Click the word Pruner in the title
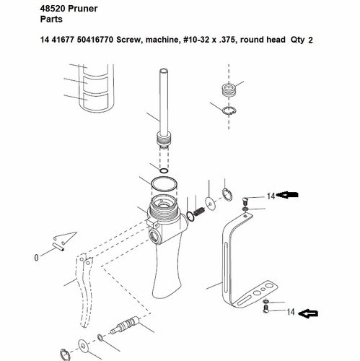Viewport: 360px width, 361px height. point(83,9)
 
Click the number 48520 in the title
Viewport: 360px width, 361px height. point(53,9)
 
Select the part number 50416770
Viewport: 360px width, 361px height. point(95,40)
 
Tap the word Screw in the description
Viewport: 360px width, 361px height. point(128,40)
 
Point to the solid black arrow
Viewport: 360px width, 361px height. point(287,194)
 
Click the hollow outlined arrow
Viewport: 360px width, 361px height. point(308,313)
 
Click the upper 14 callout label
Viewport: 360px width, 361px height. point(271,196)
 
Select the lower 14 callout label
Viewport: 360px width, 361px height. point(291,312)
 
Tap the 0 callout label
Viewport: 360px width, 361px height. point(36,258)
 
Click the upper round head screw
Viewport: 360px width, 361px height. point(245,200)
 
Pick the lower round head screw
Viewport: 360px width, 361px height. point(265,309)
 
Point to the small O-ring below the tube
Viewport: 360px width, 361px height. point(164,170)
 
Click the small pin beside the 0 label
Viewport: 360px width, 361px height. point(58,247)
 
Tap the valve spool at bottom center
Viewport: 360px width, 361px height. point(125,326)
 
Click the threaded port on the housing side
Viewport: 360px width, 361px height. point(154,237)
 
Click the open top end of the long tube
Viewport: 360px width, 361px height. point(164,71)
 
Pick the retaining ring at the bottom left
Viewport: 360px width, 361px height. point(65,355)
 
